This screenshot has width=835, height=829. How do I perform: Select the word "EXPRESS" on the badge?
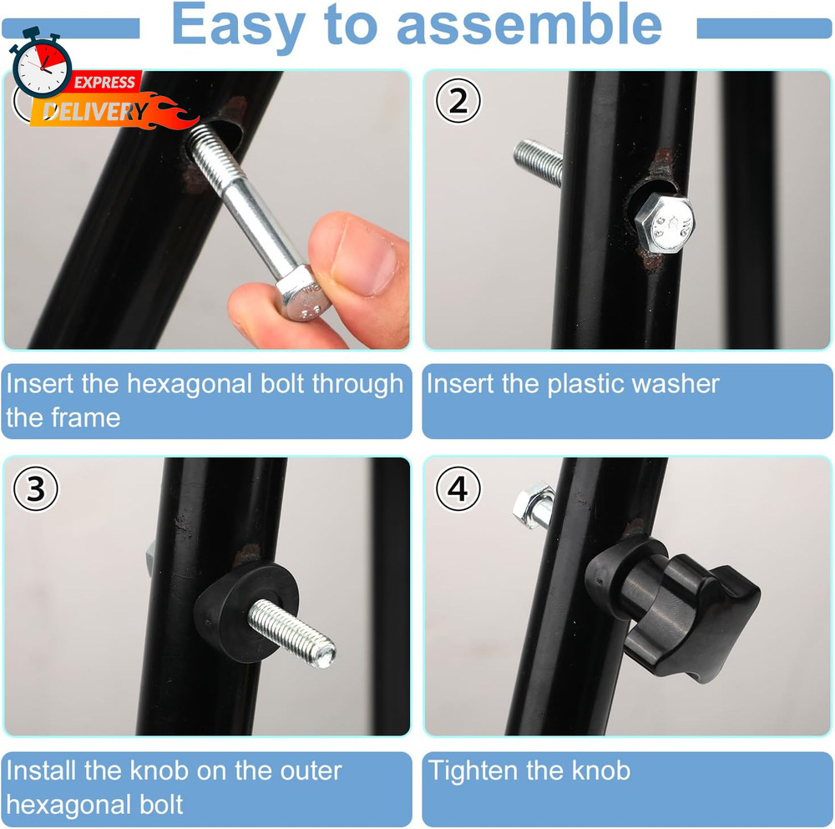coord(104,82)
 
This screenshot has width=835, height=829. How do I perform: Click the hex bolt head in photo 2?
coord(663,225)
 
